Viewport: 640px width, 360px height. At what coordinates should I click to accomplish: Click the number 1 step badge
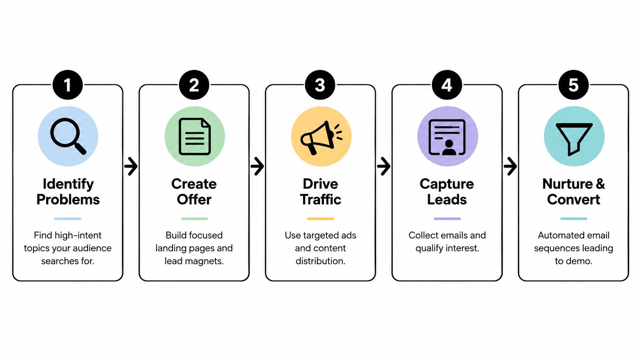click(x=68, y=85)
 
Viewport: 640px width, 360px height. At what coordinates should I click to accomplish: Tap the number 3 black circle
click(x=320, y=85)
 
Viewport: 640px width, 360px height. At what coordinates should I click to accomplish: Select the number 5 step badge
click(x=573, y=85)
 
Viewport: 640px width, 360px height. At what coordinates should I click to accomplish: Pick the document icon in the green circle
click(x=194, y=137)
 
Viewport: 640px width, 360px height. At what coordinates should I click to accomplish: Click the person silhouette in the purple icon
click(x=449, y=148)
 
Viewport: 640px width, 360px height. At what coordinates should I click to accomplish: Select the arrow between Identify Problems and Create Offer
click(x=131, y=166)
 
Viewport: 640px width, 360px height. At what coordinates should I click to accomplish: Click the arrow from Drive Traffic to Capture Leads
click(x=384, y=166)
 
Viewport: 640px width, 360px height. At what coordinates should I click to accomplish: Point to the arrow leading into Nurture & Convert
click(x=510, y=166)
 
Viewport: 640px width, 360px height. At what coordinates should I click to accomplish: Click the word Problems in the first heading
click(x=68, y=200)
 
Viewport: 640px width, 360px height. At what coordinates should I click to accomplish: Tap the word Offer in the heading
click(x=194, y=200)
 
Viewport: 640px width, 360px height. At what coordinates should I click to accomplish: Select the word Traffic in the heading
click(x=320, y=200)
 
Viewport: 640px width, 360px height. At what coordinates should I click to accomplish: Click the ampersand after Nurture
click(x=600, y=184)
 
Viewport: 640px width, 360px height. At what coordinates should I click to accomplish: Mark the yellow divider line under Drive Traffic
click(x=320, y=219)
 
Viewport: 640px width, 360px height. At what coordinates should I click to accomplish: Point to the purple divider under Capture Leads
click(x=447, y=219)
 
